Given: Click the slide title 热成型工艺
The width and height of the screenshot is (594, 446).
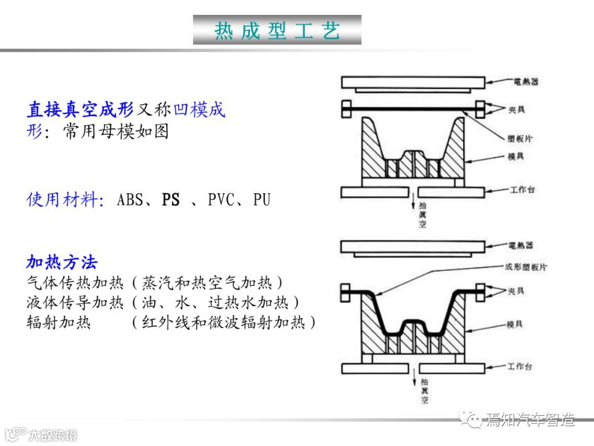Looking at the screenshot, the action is click(277, 30).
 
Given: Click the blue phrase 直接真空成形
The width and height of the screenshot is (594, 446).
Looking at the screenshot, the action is click(80, 110).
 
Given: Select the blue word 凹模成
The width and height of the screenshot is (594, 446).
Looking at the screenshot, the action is click(200, 110).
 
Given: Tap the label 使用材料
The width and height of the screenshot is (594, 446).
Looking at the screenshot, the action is click(65, 199).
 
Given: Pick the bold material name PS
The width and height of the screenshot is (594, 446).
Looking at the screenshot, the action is click(170, 200).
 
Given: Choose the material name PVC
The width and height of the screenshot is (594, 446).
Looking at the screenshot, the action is click(222, 200).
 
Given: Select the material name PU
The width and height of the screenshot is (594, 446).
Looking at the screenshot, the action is click(262, 200).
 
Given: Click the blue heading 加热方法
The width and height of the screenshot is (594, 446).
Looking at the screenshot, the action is click(62, 262).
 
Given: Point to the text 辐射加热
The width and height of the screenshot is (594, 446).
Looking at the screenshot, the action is click(58, 322).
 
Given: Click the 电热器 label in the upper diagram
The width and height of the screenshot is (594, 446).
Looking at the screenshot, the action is click(527, 81).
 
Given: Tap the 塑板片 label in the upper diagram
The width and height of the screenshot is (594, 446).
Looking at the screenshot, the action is click(520, 138).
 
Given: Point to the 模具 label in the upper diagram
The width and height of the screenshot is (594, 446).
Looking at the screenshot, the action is click(516, 157).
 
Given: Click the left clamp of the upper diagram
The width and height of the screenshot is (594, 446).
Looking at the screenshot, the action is click(346, 108).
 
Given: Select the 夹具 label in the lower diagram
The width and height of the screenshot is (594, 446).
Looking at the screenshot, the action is click(517, 290).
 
